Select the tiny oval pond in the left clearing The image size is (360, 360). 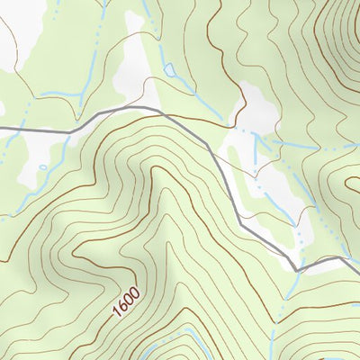[x=42, y=167]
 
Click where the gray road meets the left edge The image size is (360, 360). [x=2, y=129]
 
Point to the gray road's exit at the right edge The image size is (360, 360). [x=357, y=258]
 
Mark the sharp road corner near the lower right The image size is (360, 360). [x=296, y=268]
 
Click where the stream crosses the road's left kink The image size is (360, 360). [x=70, y=131]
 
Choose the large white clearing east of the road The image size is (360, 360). [x=270, y=180]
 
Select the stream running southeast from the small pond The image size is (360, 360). [x=184, y=85]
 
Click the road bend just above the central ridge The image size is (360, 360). [x=162, y=112]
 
